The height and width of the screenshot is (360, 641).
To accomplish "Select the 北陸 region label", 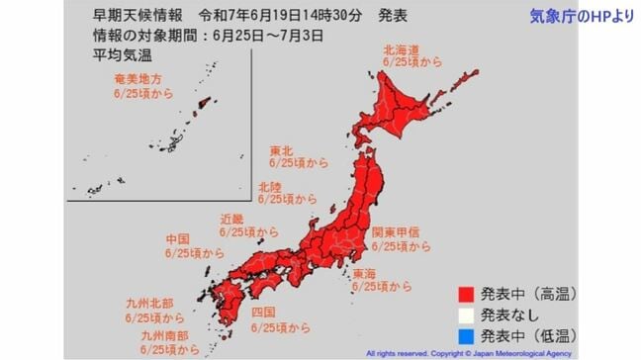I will click(x=269, y=185).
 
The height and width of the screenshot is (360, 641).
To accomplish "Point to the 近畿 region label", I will click(x=234, y=220).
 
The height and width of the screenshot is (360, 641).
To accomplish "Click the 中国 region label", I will click(x=178, y=240).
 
